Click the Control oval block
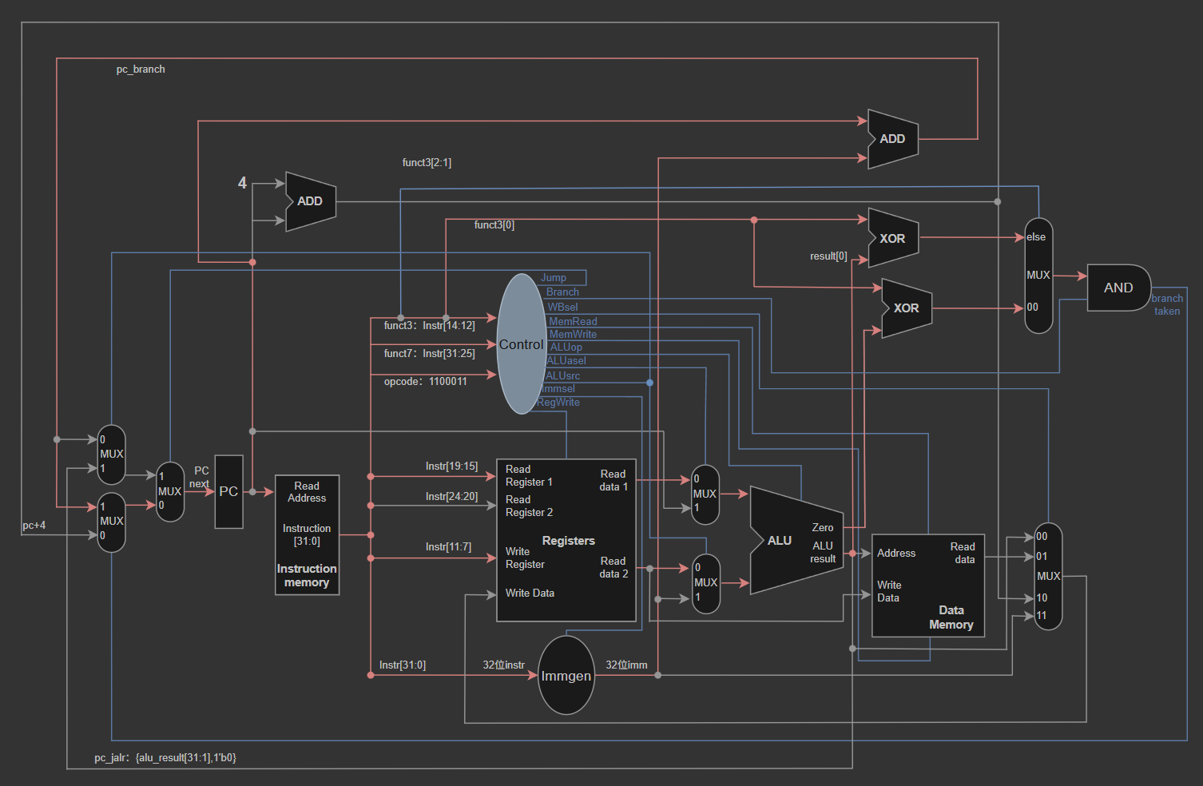(x=522, y=343)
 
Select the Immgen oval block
(x=566, y=675)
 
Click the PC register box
(x=228, y=491)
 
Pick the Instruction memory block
(x=308, y=534)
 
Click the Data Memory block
(x=928, y=586)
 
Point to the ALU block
(x=796, y=540)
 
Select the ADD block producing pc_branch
(x=893, y=139)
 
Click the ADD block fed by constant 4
(x=311, y=201)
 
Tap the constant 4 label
(x=242, y=183)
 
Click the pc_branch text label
(x=141, y=69)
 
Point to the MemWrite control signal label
(x=573, y=334)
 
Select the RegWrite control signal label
(x=558, y=402)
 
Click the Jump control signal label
(x=554, y=277)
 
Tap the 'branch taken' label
(x=1167, y=304)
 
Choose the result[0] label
(x=828, y=256)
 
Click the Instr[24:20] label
(x=451, y=496)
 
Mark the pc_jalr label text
(x=165, y=757)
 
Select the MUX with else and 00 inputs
(x=1038, y=276)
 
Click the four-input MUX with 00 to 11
(x=1048, y=576)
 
